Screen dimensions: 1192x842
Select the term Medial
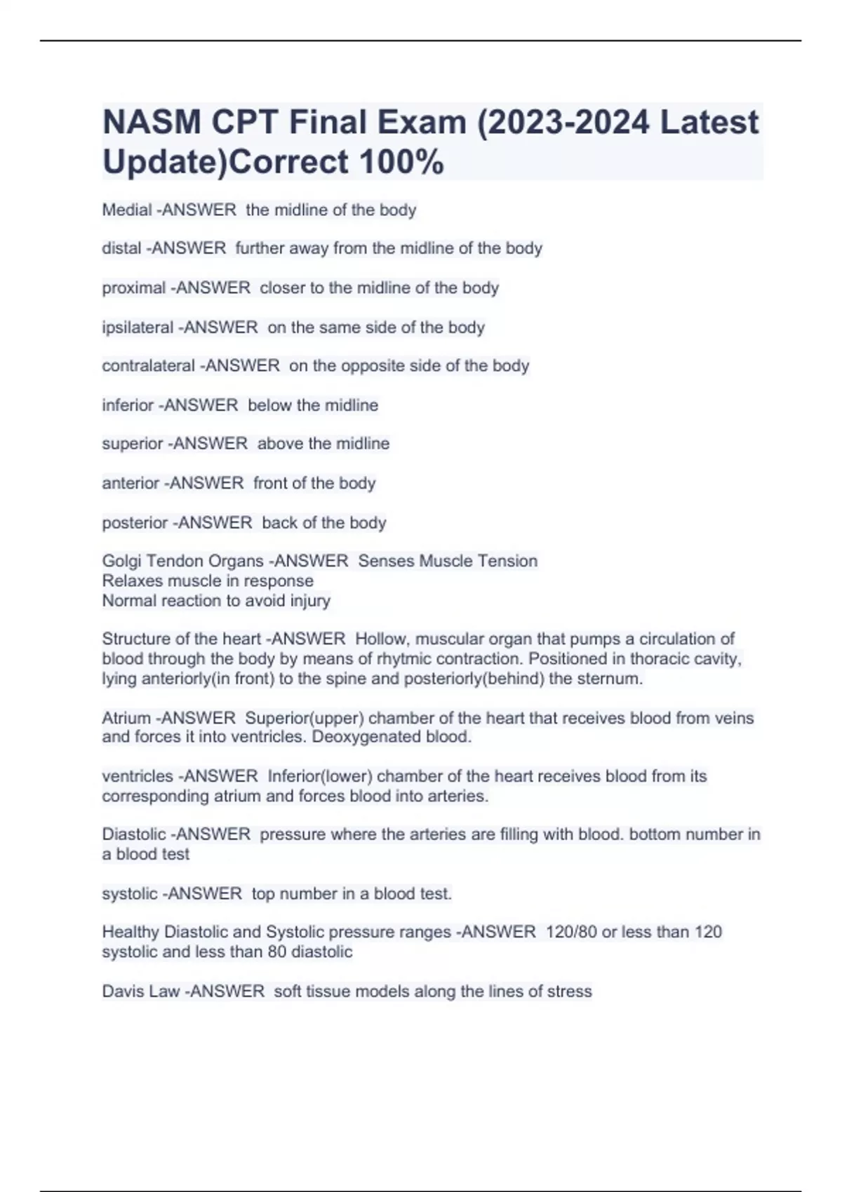click(x=126, y=210)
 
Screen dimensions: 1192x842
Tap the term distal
click(x=121, y=248)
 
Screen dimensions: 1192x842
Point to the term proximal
click(x=133, y=287)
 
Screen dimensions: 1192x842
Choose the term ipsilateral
click(x=137, y=327)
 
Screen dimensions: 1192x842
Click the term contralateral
click(x=148, y=365)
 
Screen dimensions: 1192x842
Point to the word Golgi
click(x=121, y=561)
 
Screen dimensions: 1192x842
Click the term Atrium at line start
click(x=126, y=718)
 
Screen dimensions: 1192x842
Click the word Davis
click(x=121, y=991)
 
